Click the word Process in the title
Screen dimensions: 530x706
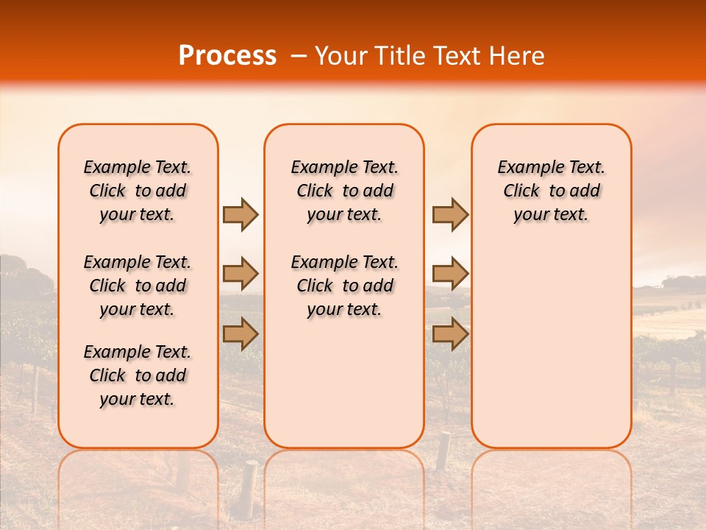(227, 56)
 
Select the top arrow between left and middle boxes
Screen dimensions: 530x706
(240, 215)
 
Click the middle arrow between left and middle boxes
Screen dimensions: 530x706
(240, 274)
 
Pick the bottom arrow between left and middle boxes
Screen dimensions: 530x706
(240, 334)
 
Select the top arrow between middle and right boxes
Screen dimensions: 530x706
(450, 215)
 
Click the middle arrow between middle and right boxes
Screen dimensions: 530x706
(450, 274)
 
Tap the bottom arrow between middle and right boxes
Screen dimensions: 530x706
(450, 334)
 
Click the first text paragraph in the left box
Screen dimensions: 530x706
(138, 191)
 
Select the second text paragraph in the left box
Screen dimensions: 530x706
(138, 286)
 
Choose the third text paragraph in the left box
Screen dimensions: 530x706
(138, 375)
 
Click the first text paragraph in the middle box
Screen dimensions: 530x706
(344, 191)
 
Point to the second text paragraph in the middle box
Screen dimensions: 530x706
(344, 286)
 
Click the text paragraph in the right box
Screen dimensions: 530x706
(551, 191)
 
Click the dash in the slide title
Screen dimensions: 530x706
(299, 56)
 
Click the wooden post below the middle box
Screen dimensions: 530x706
(443, 450)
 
